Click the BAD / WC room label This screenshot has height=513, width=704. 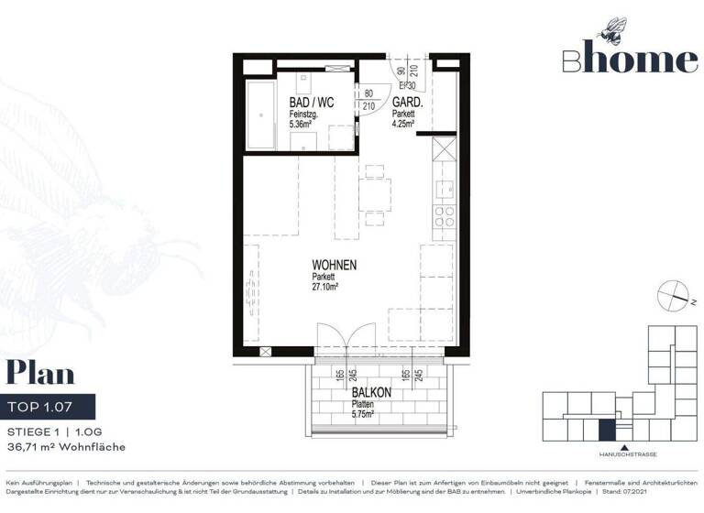(x=310, y=102)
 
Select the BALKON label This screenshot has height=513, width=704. (x=371, y=392)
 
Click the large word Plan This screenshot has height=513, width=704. (x=40, y=375)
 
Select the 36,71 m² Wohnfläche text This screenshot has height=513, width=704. (x=66, y=446)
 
